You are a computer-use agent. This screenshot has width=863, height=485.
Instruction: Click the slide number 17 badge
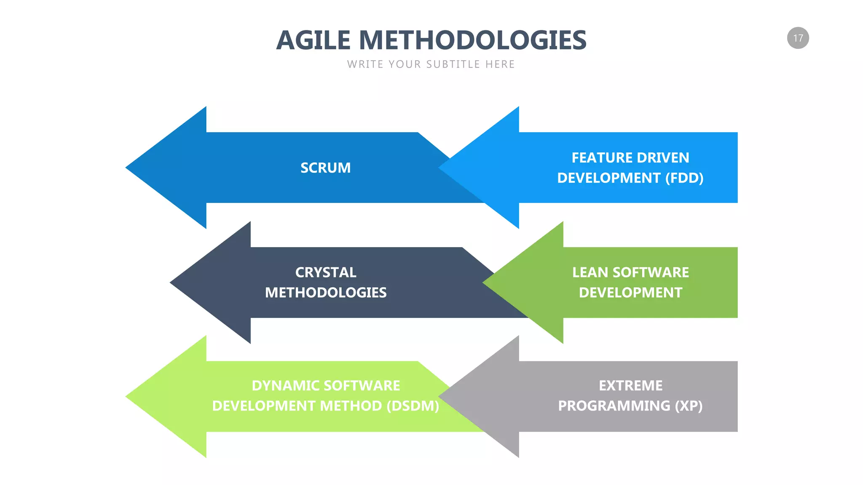coord(798,38)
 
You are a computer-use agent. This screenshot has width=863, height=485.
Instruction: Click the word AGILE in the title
coord(313,40)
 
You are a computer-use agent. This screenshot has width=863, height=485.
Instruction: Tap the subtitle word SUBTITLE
coord(453,64)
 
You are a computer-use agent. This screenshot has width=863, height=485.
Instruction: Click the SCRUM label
coord(325,168)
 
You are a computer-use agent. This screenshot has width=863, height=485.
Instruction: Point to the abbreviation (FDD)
coord(684,178)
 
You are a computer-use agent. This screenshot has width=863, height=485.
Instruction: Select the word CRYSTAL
coord(326,272)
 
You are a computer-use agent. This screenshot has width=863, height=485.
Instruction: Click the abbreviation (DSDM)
coord(413,406)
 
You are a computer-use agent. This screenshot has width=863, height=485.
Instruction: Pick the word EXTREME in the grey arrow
coord(630,386)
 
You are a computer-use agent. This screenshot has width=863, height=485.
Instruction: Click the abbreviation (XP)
coord(689,406)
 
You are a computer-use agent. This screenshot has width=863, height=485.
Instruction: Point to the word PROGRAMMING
coord(614,406)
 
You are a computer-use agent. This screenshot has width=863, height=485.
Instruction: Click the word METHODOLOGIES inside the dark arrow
coord(326,293)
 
